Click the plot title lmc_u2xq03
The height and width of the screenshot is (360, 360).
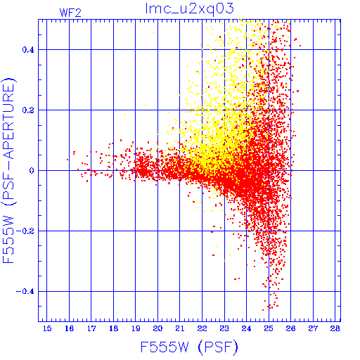point(189,9)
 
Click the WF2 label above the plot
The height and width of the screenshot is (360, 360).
point(70,13)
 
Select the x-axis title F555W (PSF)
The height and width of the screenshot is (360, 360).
point(189,347)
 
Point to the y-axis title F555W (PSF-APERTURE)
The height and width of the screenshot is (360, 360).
point(9,170)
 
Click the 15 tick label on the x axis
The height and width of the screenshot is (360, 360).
point(47,328)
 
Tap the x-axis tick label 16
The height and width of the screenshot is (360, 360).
point(69,328)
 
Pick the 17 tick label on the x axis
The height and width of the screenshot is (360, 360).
point(91,328)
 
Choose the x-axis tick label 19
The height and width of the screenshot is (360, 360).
point(136,328)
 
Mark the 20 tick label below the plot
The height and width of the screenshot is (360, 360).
point(157,328)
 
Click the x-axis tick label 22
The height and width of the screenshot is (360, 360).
point(202,328)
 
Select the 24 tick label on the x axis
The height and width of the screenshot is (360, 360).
point(246,328)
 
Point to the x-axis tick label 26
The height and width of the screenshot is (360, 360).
point(290,328)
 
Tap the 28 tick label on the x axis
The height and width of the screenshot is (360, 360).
point(335,328)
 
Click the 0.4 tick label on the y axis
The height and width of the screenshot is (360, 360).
point(28,50)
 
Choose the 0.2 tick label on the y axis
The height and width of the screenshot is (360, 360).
point(28,110)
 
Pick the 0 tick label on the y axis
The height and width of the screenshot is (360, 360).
point(32,171)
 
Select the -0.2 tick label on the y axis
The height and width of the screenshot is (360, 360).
point(25,231)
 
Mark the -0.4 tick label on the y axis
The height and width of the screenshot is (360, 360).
point(25,292)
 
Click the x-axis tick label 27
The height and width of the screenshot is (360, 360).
point(313,328)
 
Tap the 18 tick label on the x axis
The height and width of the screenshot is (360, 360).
point(113,328)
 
